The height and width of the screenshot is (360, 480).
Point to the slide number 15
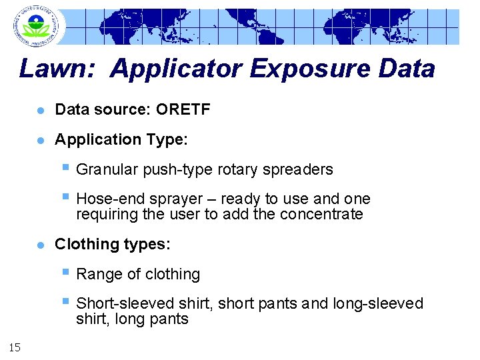tap(15, 345)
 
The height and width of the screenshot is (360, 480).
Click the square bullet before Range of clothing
tap(65, 273)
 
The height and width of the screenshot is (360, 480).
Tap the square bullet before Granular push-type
tap(65, 168)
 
